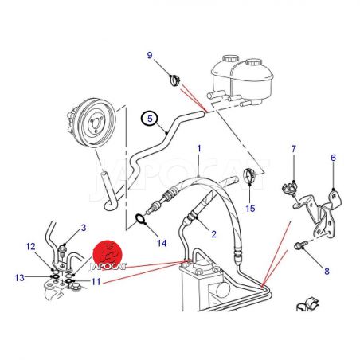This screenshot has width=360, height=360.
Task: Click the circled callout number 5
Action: click(150, 119)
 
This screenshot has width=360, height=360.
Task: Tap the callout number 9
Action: click(150, 55)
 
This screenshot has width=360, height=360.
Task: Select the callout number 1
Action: click(199, 148)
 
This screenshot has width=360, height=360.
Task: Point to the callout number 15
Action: click(250, 209)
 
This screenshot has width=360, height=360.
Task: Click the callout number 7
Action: click(293, 149)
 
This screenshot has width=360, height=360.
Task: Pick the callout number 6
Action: click(333, 158)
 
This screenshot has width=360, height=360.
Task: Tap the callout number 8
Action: click(327, 271)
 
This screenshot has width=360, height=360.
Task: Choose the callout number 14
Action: click(162, 243)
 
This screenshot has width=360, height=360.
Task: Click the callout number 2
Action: click(213, 234)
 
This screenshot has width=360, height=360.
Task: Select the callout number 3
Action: click(84, 228)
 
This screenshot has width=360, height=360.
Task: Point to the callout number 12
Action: click(30, 247)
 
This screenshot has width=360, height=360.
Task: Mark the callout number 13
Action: click(19, 278)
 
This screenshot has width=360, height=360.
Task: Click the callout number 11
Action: click(96, 281)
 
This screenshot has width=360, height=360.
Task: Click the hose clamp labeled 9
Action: click(174, 80)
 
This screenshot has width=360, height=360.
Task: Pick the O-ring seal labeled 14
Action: click(141, 219)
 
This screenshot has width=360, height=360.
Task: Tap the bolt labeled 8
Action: click(301, 245)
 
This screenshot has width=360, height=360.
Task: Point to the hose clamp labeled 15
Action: click(249, 175)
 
